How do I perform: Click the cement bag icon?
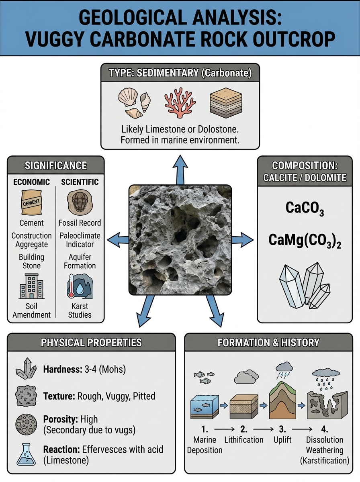pos(31,202)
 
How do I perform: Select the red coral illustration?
pos(180,102)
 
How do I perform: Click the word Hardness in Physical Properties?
pos(60,370)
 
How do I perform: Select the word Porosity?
pos(59,419)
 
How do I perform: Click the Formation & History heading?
pos(268,343)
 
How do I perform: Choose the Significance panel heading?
pos(55,165)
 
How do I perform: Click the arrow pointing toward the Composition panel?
pos(243,240)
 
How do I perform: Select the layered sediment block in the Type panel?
pos(226,103)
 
